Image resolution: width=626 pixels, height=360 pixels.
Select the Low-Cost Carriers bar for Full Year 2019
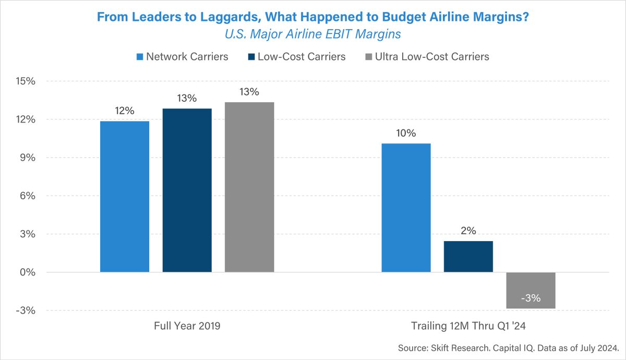(187, 190)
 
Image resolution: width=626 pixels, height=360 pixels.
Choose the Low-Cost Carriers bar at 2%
(468, 256)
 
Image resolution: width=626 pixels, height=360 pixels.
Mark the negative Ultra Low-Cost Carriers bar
(531, 290)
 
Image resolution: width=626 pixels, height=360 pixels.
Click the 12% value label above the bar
(125, 111)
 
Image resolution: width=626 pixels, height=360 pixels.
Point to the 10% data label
(406, 133)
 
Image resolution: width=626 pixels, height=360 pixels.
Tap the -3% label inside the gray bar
(531, 299)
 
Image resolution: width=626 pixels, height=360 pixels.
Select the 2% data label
(468, 231)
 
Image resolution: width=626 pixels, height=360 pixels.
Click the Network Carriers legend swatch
(140, 56)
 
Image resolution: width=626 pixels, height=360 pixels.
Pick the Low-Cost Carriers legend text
(302, 56)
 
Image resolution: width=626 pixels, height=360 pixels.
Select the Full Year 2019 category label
(187, 326)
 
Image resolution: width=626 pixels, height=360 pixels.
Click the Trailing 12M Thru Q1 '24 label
(468, 326)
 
